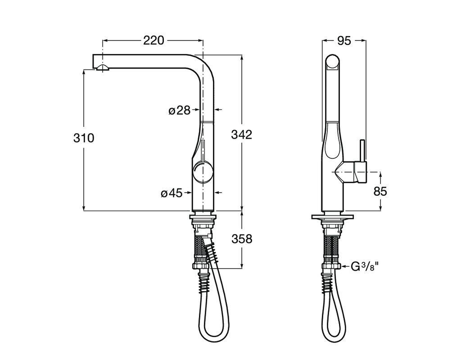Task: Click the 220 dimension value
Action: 154,40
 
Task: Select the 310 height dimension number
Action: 84,138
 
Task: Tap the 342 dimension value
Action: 242,135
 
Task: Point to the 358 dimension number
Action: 242,239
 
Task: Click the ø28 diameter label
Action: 179,111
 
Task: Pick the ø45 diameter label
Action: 172,193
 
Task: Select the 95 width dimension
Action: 344,41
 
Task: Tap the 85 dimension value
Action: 380,192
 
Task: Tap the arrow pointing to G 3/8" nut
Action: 345,266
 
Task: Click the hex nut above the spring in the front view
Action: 201,266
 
